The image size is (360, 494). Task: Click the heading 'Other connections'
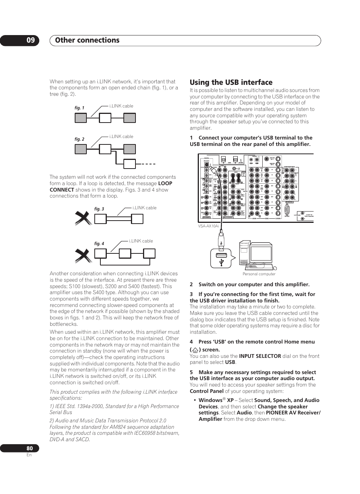(87, 40)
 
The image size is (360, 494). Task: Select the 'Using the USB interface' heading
(231, 82)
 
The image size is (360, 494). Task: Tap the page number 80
(29, 448)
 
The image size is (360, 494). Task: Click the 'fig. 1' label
(79, 108)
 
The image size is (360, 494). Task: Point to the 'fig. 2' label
(79, 139)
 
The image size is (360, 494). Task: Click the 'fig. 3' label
(99, 209)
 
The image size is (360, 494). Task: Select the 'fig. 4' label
(99, 244)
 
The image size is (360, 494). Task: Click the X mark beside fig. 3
(83, 218)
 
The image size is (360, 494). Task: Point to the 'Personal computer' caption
(259, 274)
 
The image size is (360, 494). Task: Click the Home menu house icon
(195, 350)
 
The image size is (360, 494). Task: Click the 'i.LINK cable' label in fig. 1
(121, 106)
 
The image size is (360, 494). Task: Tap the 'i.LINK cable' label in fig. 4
(141, 241)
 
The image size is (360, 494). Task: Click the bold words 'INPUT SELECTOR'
(260, 356)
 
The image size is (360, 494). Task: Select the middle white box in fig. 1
(105, 118)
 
